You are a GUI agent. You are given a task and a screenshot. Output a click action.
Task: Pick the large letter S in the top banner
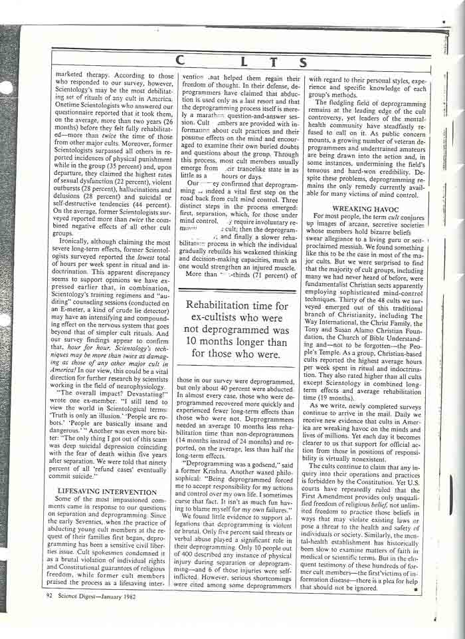(x=302, y=63)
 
